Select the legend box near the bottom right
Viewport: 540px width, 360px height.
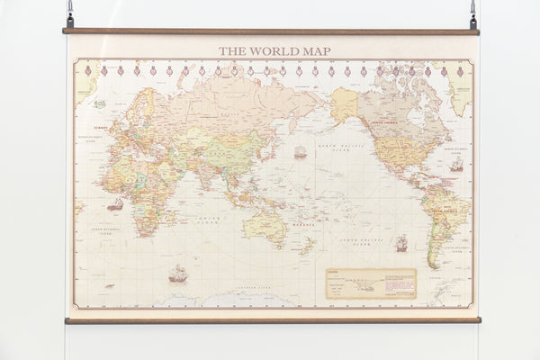[371, 283]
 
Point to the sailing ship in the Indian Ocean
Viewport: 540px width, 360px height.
[178, 273]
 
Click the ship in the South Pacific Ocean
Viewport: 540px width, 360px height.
[400, 243]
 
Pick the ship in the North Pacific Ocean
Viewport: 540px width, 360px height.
[300, 152]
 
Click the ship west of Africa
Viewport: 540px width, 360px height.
[115, 205]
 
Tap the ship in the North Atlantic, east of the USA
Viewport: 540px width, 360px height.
[456, 166]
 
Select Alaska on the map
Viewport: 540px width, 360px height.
[344, 104]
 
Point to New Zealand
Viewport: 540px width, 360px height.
[308, 245]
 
